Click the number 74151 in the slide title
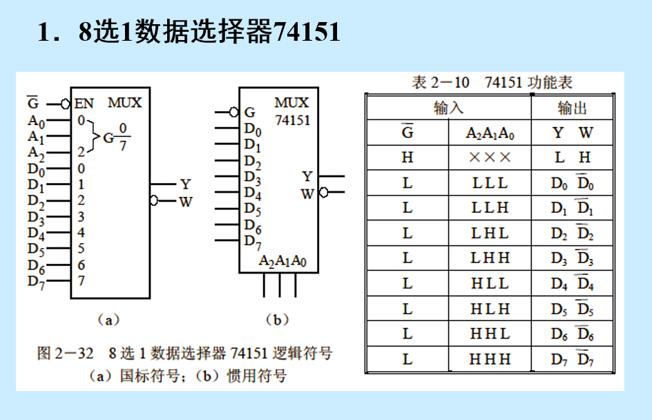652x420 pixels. [307, 32]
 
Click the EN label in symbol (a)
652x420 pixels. [84, 104]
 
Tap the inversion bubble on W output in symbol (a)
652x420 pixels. [154, 200]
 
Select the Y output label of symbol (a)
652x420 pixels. [184, 184]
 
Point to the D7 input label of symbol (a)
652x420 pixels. [36, 282]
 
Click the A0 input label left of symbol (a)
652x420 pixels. [36, 122]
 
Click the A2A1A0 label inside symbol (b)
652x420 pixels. [282, 261]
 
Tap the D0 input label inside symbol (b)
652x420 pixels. [253, 129]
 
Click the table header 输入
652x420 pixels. [448, 108]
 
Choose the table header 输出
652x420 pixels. [572, 108]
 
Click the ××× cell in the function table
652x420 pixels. [490, 157]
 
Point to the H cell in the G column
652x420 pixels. [407, 157]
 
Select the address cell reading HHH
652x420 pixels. [490, 359]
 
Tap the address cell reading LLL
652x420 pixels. [490, 183]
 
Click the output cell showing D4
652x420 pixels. [559, 283]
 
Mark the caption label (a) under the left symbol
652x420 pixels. [108, 319]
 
